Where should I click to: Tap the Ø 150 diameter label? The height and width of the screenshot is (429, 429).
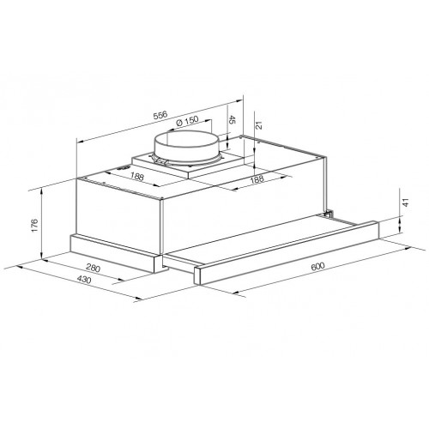click(189, 121)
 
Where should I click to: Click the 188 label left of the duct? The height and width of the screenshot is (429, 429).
click(136, 176)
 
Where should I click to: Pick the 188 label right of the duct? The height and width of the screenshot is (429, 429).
click(255, 179)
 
